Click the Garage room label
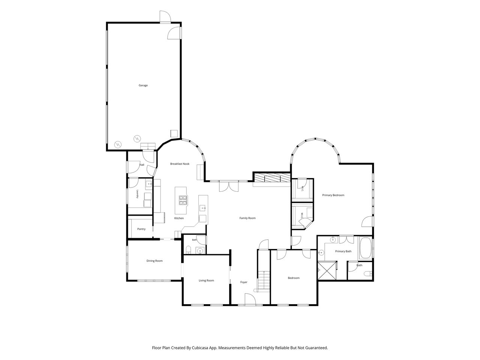[x=143, y=85]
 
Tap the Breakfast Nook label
[x=180, y=164]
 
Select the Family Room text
[x=247, y=218]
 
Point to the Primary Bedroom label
[x=333, y=195]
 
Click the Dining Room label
[x=154, y=261]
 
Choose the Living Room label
[x=206, y=280]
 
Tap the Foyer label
[x=244, y=282]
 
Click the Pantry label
[x=141, y=229]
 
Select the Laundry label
[x=137, y=194]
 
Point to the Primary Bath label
[x=343, y=251]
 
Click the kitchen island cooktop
[x=183, y=200]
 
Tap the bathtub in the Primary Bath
[x=365, y=248]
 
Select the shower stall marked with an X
[x=327, y=270]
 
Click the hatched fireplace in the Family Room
[x=271, y=178]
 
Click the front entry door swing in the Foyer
[x=250, y=299]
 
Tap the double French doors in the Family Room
[x=229, y=186]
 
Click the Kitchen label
[x=179, y=218]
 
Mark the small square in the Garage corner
[x=174, y=133]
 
